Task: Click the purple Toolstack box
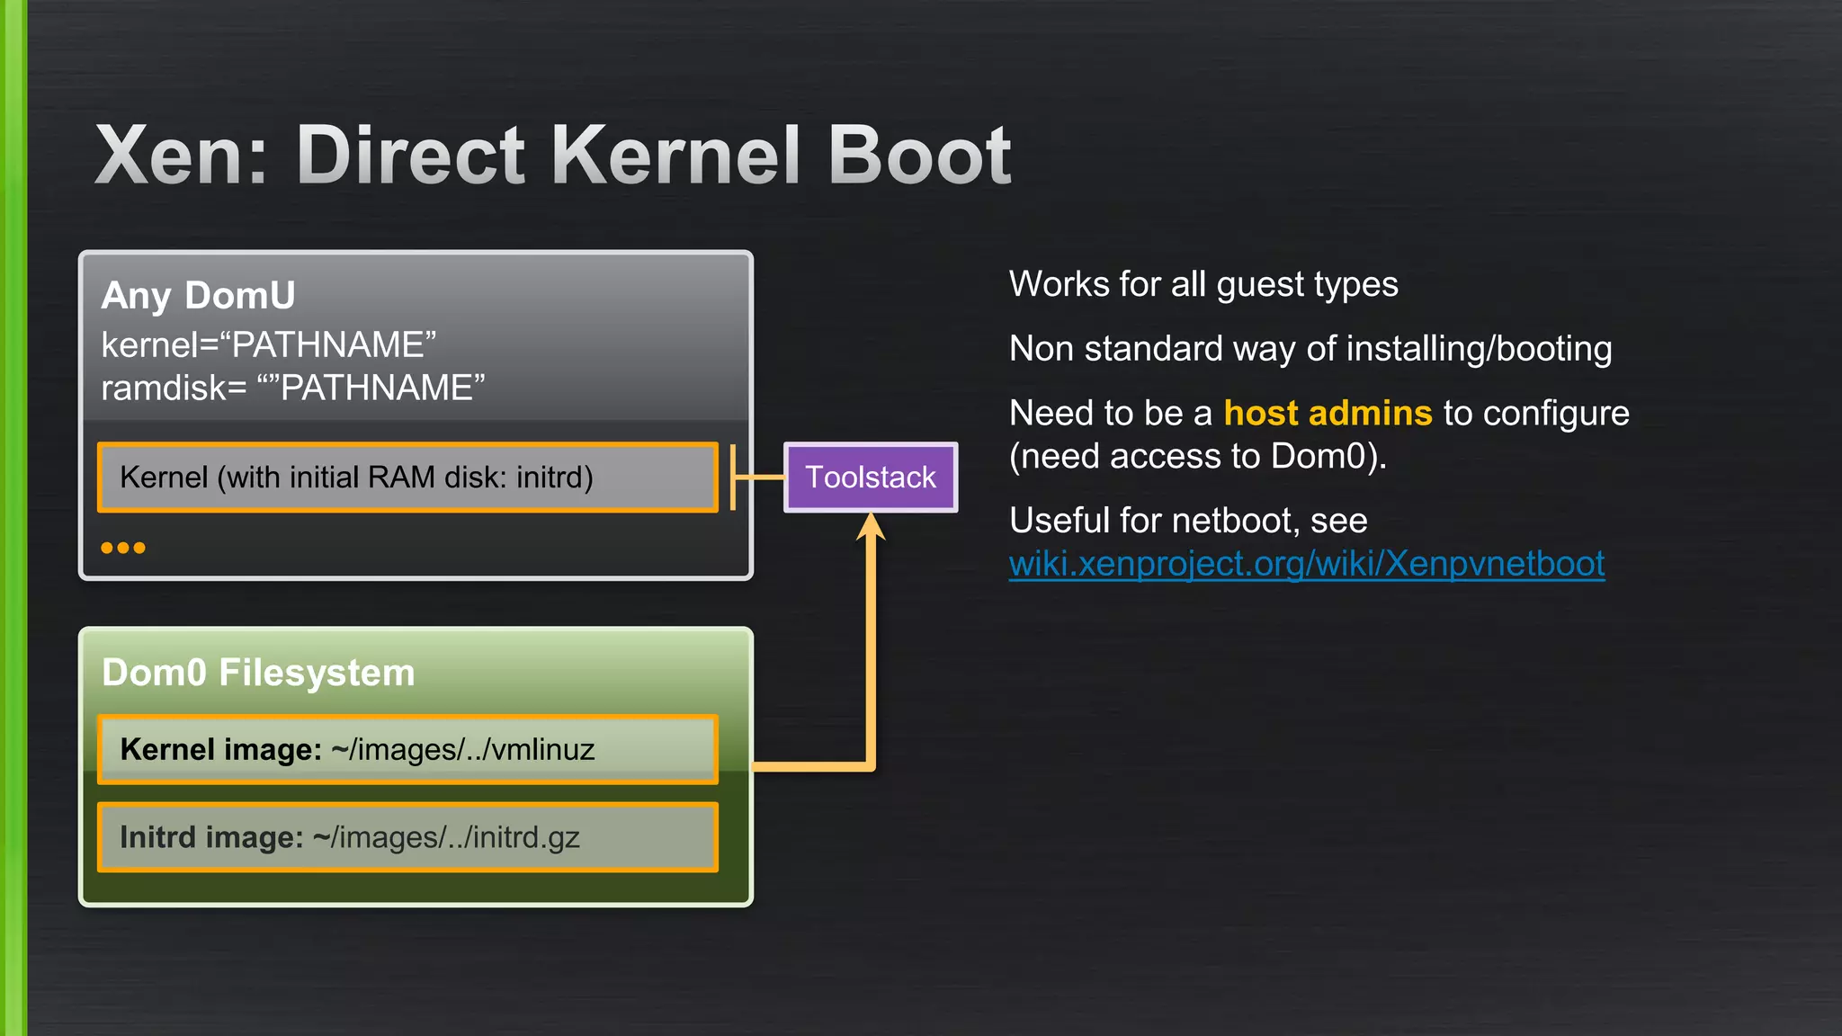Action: point(870,477)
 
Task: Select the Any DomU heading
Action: point(198,295)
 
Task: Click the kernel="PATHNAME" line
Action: point(268,344)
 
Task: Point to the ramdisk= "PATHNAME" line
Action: point(292,388)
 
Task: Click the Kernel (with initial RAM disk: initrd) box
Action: point(407,477)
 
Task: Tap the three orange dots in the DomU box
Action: point(123,548)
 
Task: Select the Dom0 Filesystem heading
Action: point(258,673)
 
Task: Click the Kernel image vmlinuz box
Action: point(407,749)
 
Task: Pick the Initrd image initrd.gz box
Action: point(407,837)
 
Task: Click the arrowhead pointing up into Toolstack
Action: point(871,527)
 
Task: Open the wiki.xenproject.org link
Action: point(1306,564)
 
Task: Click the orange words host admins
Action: point(1328,413)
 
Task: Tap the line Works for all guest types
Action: point(1203,284)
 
